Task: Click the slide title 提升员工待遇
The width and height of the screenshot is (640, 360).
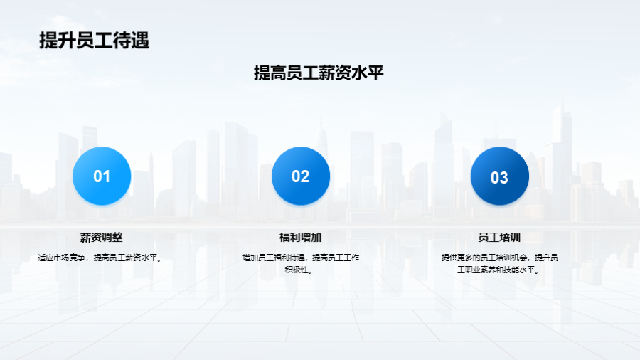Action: pos(95,41)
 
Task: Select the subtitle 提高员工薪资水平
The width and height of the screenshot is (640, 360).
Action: pos(319,73)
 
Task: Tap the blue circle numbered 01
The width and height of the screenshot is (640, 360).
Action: pos(102,176)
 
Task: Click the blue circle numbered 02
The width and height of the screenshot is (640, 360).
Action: pos(301,176)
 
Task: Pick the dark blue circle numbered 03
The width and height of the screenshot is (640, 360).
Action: pos(500,176)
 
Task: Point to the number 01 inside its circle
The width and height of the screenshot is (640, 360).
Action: pos(102,176)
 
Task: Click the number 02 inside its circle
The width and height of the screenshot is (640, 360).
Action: pos(300,176)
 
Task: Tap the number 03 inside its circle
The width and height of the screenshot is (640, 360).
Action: pos(499,178)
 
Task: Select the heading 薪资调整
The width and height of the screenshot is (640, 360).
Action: pos(101,237)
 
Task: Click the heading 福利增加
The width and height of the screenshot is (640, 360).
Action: pos(300,237)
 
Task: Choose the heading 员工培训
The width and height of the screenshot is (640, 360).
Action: pos(499,237)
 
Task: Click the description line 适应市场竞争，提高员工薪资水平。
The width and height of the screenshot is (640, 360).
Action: pos(100,258)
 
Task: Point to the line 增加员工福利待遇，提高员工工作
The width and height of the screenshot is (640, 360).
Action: pos(301,258)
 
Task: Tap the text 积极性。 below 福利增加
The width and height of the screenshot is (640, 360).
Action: pos(299,270)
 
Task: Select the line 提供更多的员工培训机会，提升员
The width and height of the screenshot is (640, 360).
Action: pos(500,258)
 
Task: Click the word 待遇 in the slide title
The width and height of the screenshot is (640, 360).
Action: pos(131,41)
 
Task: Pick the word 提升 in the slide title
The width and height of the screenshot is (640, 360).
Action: pos(58,41)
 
